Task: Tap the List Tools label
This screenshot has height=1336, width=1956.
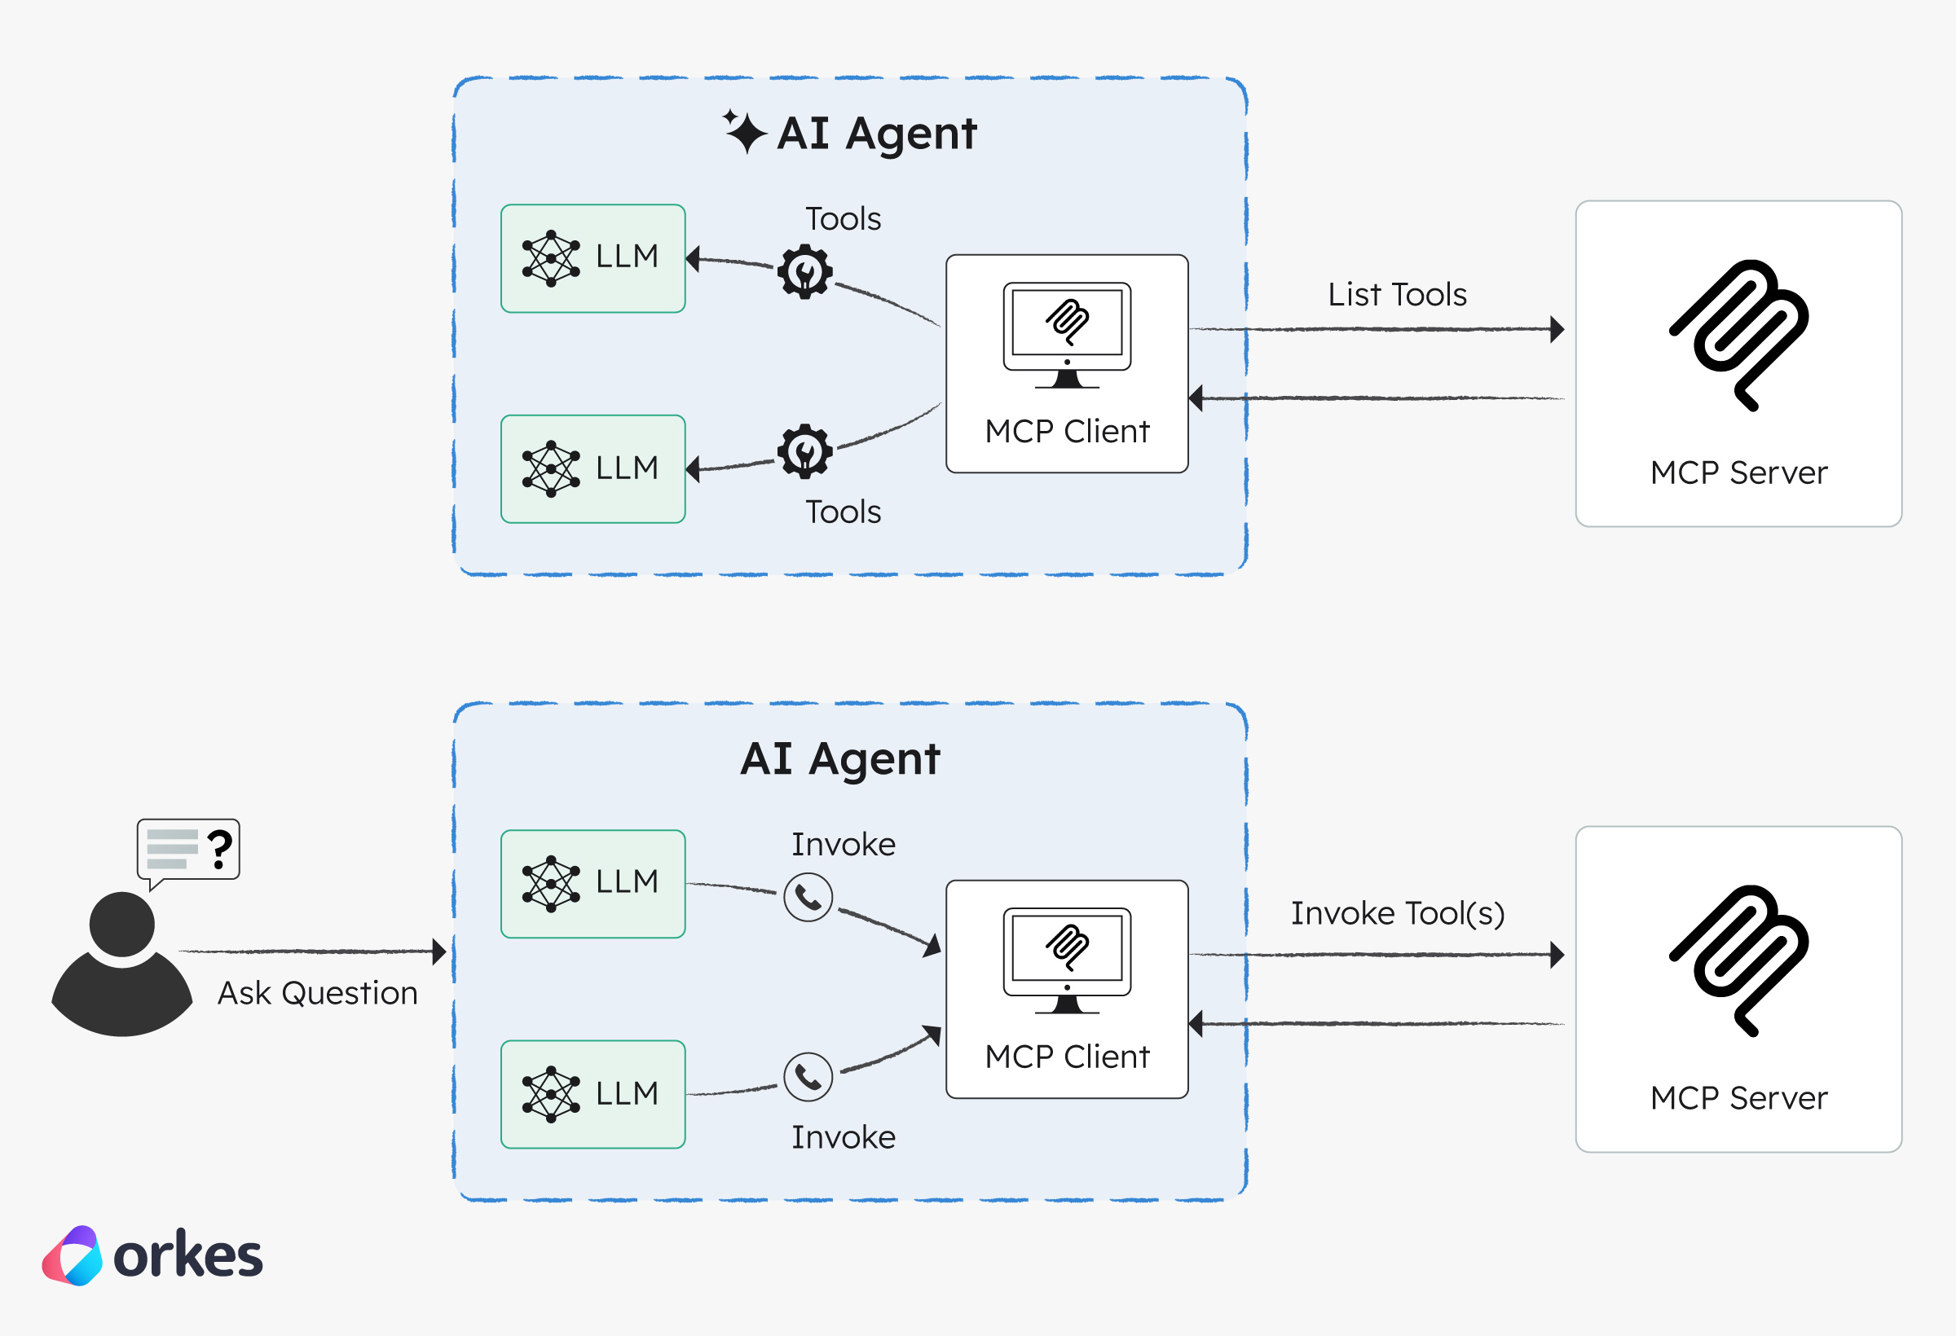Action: pyautogui.click(x=1397, y=294)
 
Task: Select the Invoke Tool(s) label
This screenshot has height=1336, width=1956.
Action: pyautogui.click(x=1397, y=913)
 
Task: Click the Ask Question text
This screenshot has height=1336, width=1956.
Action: pyautogui.click(x=317, y=993)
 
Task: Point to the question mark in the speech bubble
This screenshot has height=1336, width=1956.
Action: pyautogui.click(x=220, y=849)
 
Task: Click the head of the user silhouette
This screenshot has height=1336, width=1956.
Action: pyautogui.click(x=122, y=924)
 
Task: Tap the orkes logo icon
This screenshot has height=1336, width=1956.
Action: pyautogui.click(x=73, y=1255)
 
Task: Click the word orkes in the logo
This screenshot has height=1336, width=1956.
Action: pyautogui.click(x=187, y=1256)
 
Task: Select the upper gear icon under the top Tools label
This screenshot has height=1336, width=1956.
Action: pyautogui.click(x=804, y=272)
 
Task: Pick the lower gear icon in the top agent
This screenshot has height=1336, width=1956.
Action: pyautogui.click(x=804, y=451)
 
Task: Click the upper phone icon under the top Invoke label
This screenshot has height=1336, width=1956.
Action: pyautogui.click(x=808, y=898)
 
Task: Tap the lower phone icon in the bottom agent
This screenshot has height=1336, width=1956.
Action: pyautogui.click(x=808, y=1076)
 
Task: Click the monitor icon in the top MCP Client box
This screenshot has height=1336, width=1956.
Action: pyautogui.click(x=1067, y=335)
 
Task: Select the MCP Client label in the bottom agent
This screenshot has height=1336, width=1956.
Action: pyautogui.click(x=1067, y=1057)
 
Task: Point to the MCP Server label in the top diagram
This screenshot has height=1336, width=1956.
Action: pyautogui.click(x=1739, y=472)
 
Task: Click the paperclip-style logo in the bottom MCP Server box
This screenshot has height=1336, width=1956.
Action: pyautogui.click(x=1739, y=960)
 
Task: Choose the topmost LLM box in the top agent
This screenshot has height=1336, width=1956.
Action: pyautogui.click(x=593, y=258)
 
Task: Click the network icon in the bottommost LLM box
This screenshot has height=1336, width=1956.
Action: pyautogui.click(x=550, y=1094)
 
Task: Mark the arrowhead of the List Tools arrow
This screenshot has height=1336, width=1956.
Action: pyautogui.click(x=1557, y=329)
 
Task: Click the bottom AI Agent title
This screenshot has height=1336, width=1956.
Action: pyautogui.click(x=840, y=759)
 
